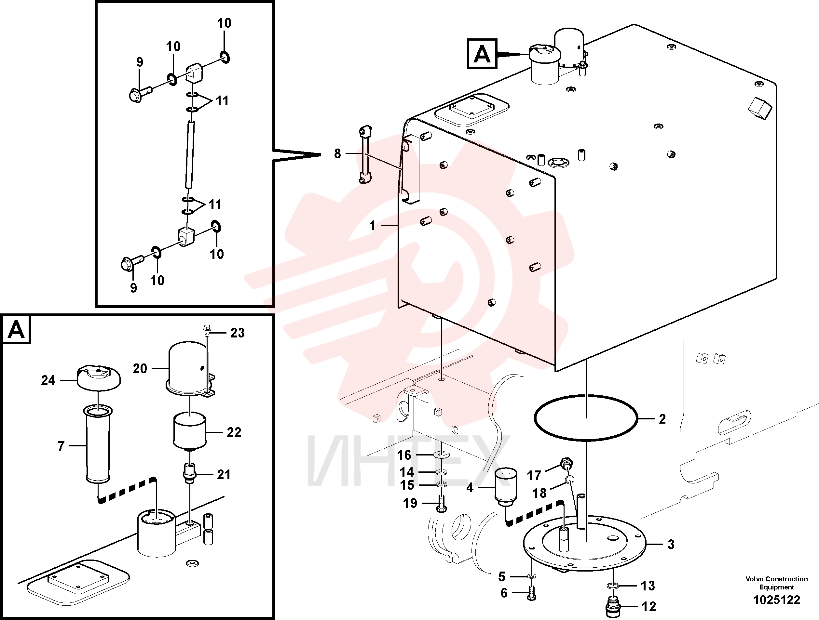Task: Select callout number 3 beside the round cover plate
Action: tap(671, 544)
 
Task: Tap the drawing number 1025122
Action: tap(777, 600)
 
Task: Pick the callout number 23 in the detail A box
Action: tap(237, 333)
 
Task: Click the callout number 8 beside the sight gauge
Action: tap(337, 153)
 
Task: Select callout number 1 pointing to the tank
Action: tap(373, 225)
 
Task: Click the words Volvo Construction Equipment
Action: tap(777, 583)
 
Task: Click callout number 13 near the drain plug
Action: tap(648, 586)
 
